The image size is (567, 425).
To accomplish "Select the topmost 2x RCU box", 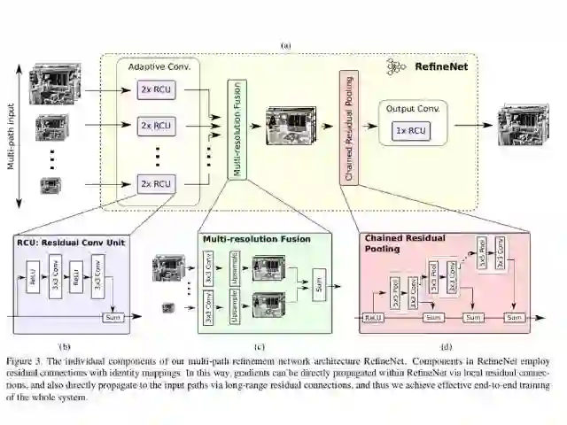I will tap(156, 90).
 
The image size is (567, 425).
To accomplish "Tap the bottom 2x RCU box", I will tap(156, 184).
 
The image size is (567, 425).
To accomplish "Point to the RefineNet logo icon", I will tap(397, 66).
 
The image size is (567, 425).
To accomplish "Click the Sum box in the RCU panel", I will tap(113, 316).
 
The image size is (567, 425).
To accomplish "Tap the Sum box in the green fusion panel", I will tap(319, 285).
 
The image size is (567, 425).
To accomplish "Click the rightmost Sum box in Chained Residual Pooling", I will tap(514, 316).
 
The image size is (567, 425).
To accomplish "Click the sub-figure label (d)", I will tap(446, 346).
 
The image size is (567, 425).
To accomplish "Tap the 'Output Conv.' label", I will tap(409, 108).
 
